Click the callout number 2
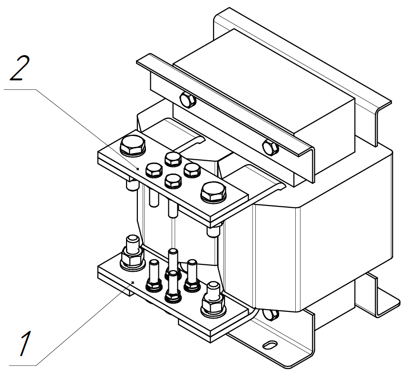20,68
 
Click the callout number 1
26,343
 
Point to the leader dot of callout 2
138,169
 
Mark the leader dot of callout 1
133,282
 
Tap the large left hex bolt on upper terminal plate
132,145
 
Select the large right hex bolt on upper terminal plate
213,193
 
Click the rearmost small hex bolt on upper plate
173,159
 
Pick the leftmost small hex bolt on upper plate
154,170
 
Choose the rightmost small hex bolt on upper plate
192,170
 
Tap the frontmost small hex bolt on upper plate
173,181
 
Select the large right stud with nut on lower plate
213,300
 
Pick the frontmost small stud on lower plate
173,287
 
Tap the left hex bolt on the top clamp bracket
187,100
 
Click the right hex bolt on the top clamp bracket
271,147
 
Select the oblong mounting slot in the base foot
270,345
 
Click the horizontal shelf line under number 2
20,90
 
